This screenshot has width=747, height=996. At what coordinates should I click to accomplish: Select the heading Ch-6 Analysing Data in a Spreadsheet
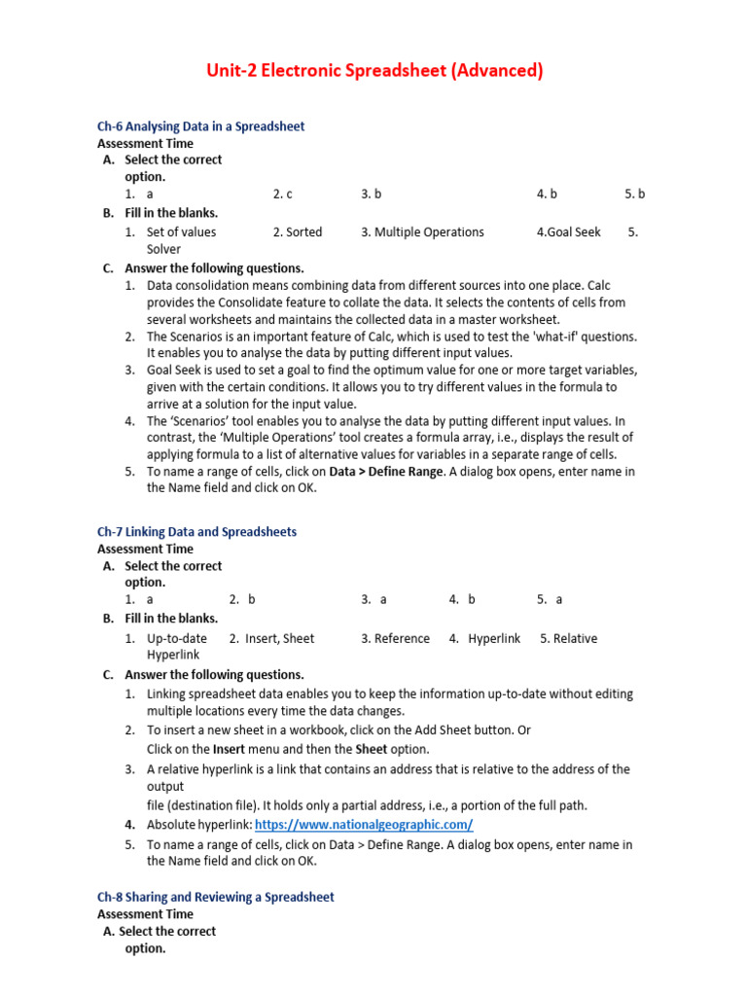[200, 126]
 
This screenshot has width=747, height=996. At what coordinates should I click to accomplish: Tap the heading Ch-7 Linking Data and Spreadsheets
[196, 532]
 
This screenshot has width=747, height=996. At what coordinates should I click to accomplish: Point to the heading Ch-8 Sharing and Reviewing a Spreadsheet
[215, 897]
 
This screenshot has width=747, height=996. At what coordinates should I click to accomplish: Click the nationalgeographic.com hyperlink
[364, 825]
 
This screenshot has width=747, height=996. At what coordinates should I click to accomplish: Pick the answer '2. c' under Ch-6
[283, 194]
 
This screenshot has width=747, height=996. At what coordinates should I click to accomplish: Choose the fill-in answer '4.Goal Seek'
[569, 231]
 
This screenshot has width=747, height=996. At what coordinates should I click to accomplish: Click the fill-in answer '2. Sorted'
[298, 231]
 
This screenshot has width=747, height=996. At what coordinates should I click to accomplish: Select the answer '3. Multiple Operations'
[422, 231]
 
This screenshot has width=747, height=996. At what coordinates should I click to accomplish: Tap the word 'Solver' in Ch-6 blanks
[163, 249]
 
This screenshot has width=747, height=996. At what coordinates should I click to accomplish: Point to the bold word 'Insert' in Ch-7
[231, 749]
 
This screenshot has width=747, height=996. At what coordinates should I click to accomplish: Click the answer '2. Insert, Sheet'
[272, 638]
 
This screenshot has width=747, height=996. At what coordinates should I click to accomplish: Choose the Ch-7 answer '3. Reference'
[395, 638]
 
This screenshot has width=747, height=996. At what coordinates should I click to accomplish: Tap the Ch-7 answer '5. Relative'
[569, 638]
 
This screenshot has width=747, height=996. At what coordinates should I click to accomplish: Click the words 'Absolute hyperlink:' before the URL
[198, 825]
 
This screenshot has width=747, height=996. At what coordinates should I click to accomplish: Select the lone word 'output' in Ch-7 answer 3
[165, 786]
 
